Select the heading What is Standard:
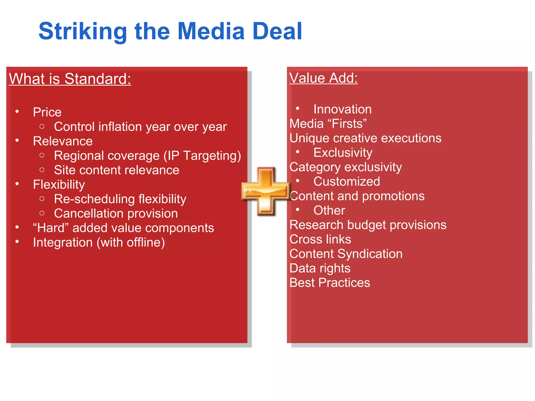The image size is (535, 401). [x=70, y=79]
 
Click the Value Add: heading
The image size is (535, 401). [x=323, y=78]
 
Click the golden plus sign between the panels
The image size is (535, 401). [x=266, y=191]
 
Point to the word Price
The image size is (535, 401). [x=47, y=112]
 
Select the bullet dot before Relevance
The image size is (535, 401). [x=17, y=140]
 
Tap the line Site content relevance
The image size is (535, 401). [x=117, y=170]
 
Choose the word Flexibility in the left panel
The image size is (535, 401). [x=59, y=185]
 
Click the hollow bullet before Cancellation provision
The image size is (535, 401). [x=42, y=213]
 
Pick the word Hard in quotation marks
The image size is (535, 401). [x=51, y=228]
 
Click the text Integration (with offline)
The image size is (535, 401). [x=99, y=243]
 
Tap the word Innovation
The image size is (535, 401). [x=342, y=109]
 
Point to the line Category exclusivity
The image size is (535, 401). [x=346, y=167]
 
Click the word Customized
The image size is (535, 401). [x=347, y=181]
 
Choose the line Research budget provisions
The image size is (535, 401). [x=368, y=225]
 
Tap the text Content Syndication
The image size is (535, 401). [x=346, y=254]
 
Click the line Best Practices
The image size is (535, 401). [x=330, y=283]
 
